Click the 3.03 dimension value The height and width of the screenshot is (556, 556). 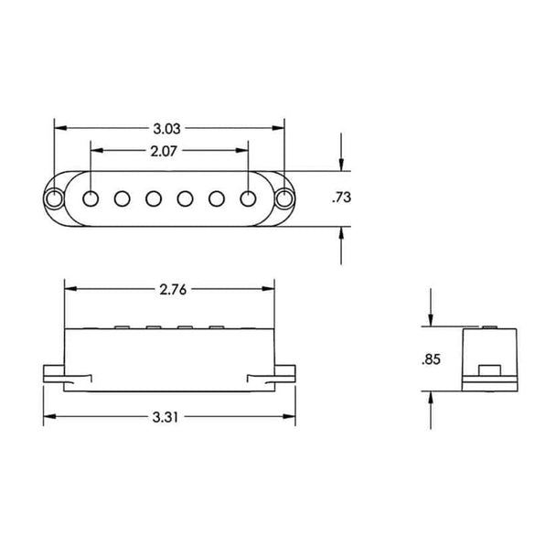pos(166,129)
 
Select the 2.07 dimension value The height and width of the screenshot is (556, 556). pos(164,152)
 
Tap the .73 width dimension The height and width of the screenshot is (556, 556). pos(341,198)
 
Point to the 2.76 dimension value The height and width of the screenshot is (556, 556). pos(173,290)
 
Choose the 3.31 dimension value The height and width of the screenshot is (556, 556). pos(166,417)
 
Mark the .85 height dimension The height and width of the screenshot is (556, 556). pos(431,359)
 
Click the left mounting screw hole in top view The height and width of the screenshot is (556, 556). pos(54,198)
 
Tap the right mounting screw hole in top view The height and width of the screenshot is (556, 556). pos(284,198)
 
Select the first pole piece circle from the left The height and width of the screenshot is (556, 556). pos(91,198)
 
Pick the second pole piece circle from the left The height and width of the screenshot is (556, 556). pos(122,198)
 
